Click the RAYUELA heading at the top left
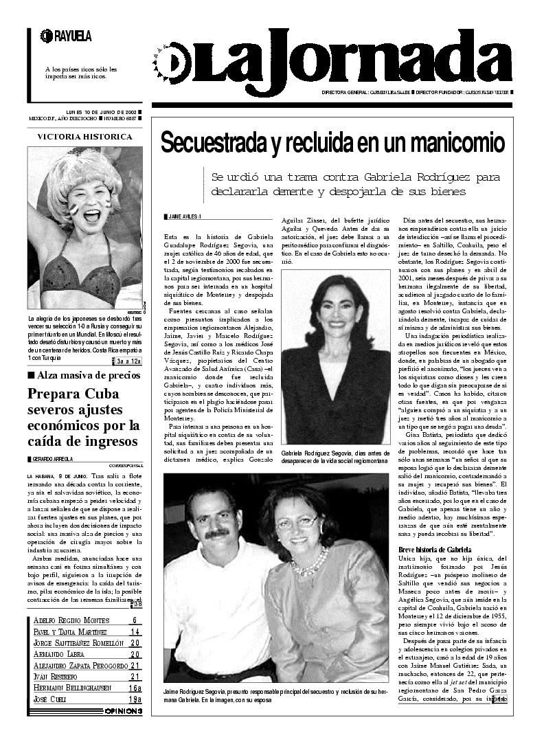click(71, 36)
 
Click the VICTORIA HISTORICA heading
click(85, 137)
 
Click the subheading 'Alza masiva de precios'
click(89, 375)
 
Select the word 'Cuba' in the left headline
click(100, 394)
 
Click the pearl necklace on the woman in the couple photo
click(310, 565)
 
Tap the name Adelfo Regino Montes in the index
click(71, 621)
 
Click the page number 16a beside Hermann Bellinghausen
click(135, 688)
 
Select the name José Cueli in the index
click(49, 699)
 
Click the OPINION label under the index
click(124, 711)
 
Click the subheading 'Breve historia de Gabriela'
click(435, 550)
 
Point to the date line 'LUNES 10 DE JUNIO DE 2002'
click(100, 111)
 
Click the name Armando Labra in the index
click(58, 654)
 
